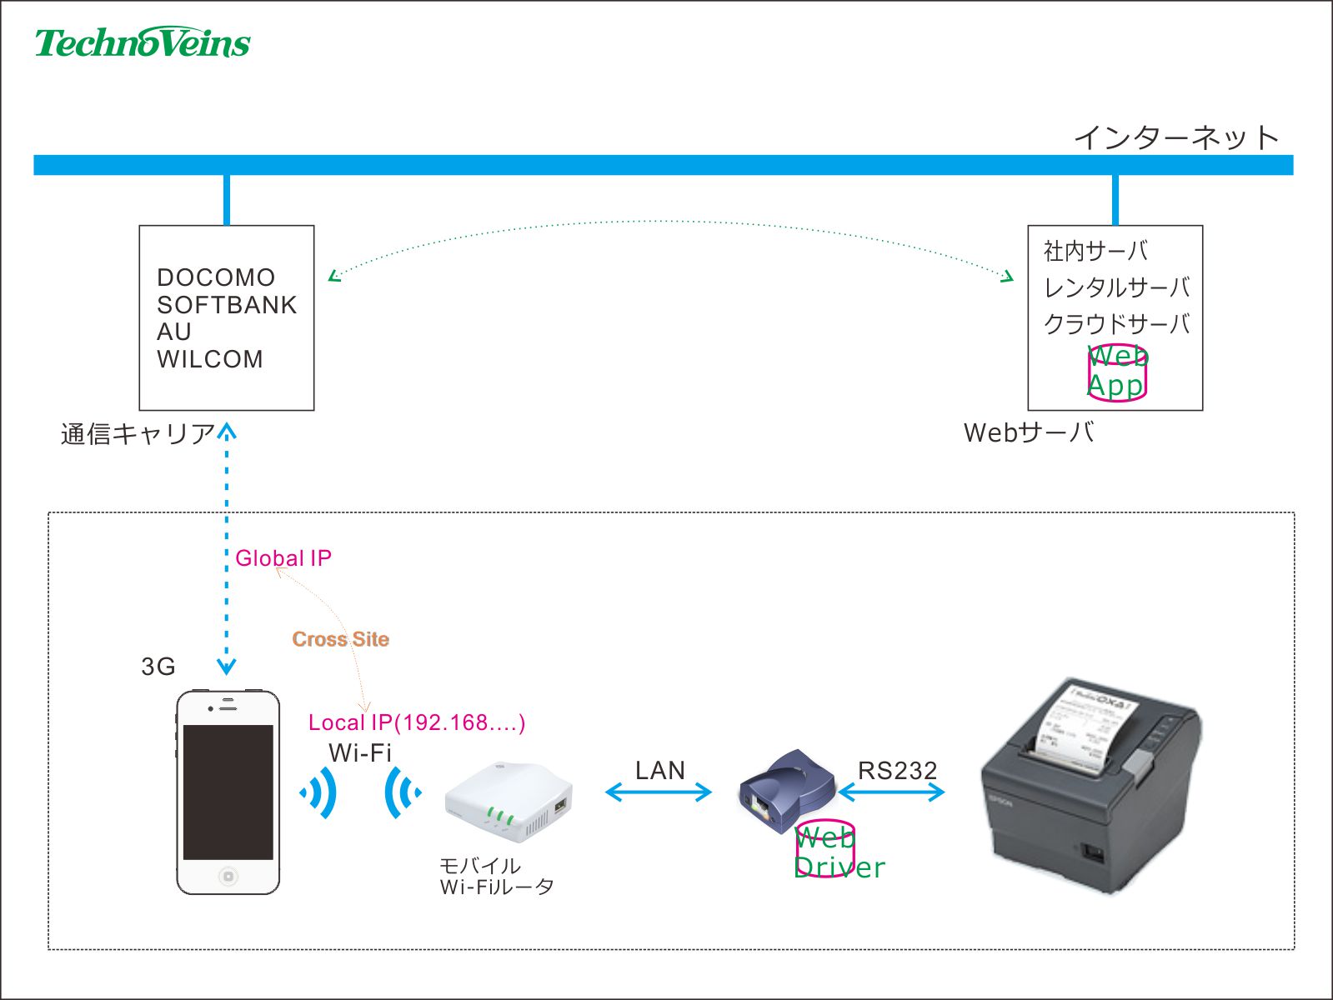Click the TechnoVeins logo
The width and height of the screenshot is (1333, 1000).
click(x=143, y=42)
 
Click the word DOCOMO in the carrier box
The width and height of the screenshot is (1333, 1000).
click(x=216, y=277)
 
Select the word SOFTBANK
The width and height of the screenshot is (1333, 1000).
click(x=227, y=305)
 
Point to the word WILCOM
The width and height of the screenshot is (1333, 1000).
click(x=210, y=359)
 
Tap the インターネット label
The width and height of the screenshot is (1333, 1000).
click(x=1175, y=137)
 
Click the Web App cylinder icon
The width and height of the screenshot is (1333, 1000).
click(x=1117, y=372)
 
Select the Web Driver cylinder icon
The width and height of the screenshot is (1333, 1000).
click(x=824, y=849)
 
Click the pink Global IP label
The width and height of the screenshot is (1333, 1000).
click(x=283, y=558)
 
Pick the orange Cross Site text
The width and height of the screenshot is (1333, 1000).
click(x=340, y=639)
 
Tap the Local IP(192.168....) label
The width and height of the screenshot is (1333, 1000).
click(x=417, y=722)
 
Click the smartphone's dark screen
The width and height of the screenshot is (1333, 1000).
click(x=228, y=792)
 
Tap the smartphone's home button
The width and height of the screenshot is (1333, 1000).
click(x=228, y=876)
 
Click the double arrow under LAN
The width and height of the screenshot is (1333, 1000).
click(x=659, y=792)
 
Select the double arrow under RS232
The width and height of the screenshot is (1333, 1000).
click(x=891, y=792)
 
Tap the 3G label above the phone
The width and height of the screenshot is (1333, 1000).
click(x=158, y=667)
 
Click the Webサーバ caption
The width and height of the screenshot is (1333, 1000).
click(x=1029, y=432)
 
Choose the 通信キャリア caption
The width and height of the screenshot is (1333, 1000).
click(x=138, y=434)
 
